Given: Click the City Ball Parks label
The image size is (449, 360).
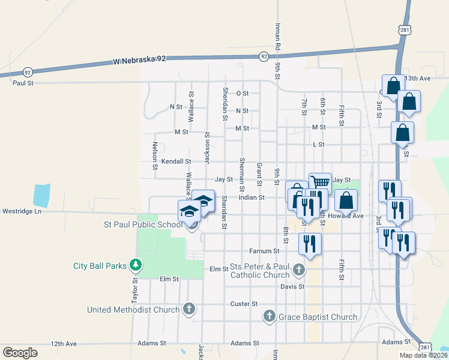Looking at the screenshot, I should click(100, 265).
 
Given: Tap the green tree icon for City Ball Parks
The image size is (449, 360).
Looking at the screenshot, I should click(136, 265).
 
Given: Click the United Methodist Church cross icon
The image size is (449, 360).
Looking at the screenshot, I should click(189, 309).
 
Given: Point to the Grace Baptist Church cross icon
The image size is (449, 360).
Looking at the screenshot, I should click(270, 316).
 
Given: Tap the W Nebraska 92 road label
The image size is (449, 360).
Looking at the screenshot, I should click(139, 60).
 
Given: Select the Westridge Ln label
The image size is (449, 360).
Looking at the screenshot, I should click(22, 211).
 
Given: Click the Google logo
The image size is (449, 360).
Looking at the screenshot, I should click(20, 352).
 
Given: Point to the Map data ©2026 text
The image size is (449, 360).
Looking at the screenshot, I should click(423, 355).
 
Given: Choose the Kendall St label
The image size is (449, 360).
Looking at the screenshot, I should click(176, 161).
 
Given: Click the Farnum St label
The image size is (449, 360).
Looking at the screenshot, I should click(265, 251).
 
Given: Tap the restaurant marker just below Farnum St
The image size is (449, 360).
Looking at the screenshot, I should click(310, 244).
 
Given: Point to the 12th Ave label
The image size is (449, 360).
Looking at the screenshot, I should click(64, 344).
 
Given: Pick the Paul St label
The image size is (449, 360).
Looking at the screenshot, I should click(23, 83).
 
